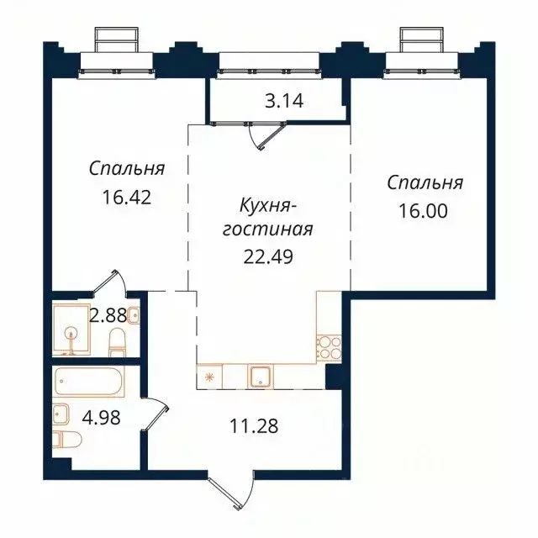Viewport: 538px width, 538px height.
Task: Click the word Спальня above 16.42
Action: pyautogui.click(x=126, y=168)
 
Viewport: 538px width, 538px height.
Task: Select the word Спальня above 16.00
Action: pyautogui.click(x=425, y=182)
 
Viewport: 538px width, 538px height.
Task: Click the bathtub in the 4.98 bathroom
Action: pyautogui.click(x=88, y=382)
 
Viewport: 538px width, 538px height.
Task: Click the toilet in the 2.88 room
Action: pyautogui.click(x=118, y=340)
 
